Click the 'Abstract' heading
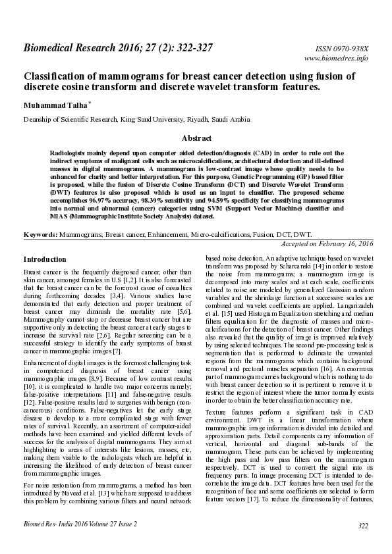(196, 139)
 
